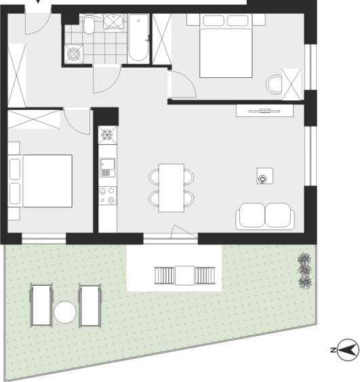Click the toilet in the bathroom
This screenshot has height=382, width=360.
click(x=89, y=24)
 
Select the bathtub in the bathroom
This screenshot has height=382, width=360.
click(x=138, y=37)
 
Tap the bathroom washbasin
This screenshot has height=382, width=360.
click(x=113, y=21)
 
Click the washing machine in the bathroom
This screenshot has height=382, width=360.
click(x=74, y=54)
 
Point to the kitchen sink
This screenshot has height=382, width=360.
click(x=108, y=167)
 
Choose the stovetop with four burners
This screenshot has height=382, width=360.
click(x=108, y=196)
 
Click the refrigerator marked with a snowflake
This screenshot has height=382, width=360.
click(x=108, y=135)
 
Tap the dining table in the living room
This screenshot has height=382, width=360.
click(x=172, y=188)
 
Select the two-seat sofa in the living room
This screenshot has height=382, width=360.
click(x=265, y=216)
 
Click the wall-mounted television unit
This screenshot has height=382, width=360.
click(x=264, y=111)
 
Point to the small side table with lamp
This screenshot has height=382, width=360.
click(x=265, y=176)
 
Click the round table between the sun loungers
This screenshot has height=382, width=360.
click(x=65, y=312)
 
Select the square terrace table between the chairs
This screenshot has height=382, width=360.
click(x=185, y=276)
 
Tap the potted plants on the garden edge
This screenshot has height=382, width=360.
click(x=304, y=271)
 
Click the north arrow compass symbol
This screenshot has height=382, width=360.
click(x=346, y=350)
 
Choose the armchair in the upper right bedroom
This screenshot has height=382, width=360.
click(x=274, y=85)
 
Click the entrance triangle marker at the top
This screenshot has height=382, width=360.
click(x=38, y=1)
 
